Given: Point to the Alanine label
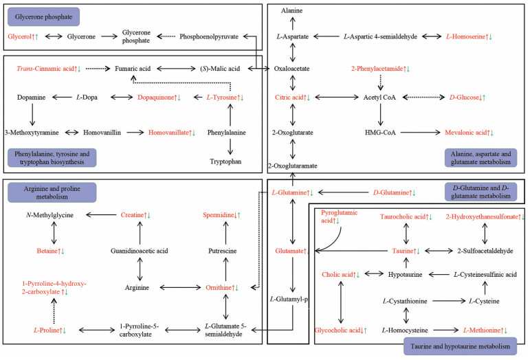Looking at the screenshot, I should click(293, 11).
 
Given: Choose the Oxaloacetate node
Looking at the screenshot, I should click(293, 68).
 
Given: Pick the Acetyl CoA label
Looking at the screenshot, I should click(381, 98).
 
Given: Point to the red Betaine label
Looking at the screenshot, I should click(50, 251).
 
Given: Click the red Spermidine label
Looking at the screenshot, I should click(221, 216).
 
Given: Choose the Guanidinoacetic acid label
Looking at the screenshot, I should click(140, 251).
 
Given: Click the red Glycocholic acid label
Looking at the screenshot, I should click(341, 330).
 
